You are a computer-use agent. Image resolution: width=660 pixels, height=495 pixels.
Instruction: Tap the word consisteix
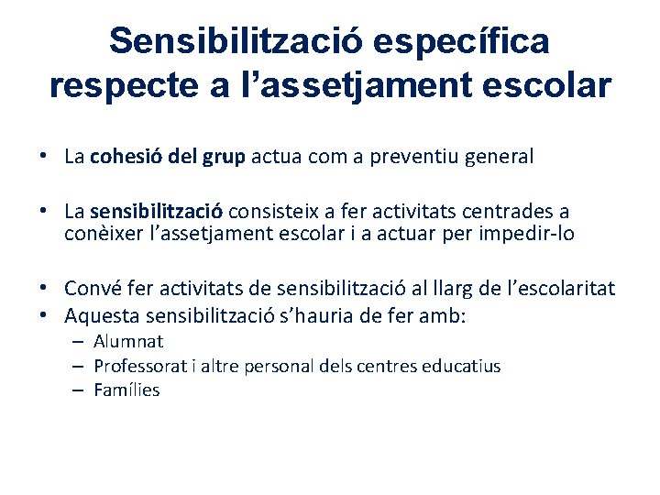[x=294, y=213]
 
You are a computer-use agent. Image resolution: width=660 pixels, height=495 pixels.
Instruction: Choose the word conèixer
[x=105, y=234]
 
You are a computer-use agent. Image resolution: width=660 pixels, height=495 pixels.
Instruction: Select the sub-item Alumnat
[x=128, y=342]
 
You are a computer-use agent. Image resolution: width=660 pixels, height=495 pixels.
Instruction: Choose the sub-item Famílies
[x=126, y=390]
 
